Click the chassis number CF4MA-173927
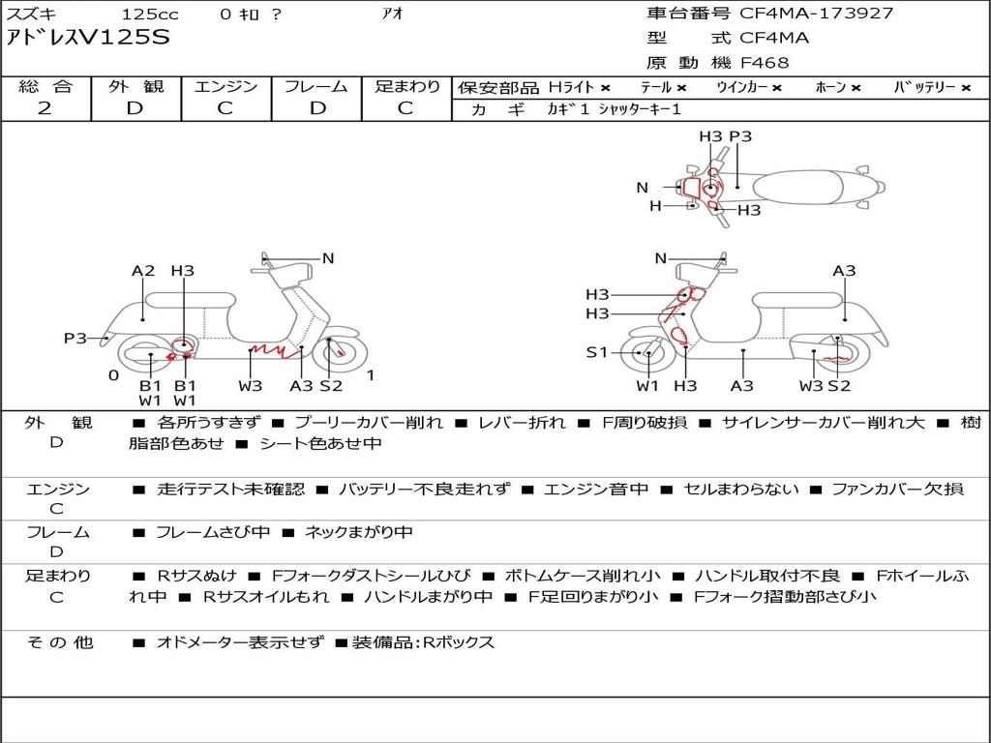[x=817, y=13]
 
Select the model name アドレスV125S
[x=88, y=38]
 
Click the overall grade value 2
[x=45, y=108]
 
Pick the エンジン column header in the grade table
[x=225, y=86]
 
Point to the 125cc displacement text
[x=150, y=14]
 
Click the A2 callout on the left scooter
[x=143, y=271]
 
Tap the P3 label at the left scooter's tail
[x=75, y=338]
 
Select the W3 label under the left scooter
[x=251, y=385]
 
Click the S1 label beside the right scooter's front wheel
[x=596, y=352]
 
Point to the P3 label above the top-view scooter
[x=740, y=135]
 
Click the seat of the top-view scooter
[x=797, y=188]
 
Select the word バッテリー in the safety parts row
[x=924, y=87]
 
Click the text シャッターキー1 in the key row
[x=640, y=109]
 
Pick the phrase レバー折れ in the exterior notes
[x=522, y=422]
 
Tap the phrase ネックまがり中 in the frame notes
[x=358, y=532]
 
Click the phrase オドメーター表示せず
[x=240, y=642]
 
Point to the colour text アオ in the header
[x=392, y=14]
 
